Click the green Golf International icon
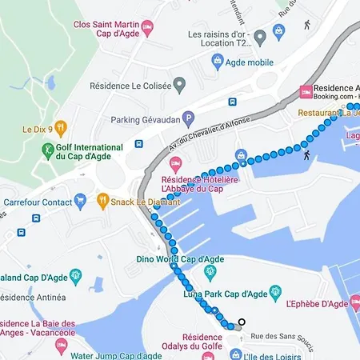pyautogui.click(x=49, y=150)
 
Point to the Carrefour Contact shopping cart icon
pyautogui.click(x=79, y=199)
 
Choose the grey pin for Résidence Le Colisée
pyautogui.click(x=180, y=83)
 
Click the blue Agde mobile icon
pyautogui.click(x=216, y=61)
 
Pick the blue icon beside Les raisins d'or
pyautogui.click(x=278, y=32)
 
